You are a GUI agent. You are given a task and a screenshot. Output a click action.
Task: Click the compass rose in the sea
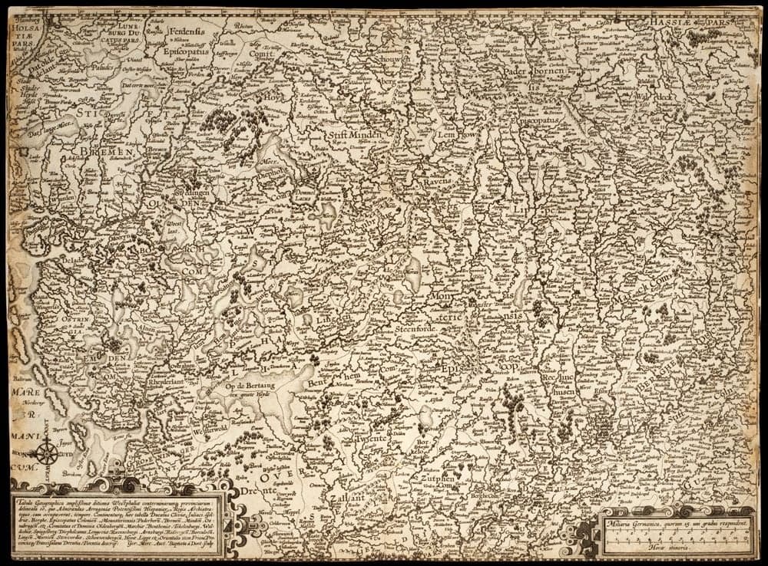(x=45, y=451)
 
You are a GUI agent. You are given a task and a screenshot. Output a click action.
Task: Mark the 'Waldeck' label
(x=635, y=99)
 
